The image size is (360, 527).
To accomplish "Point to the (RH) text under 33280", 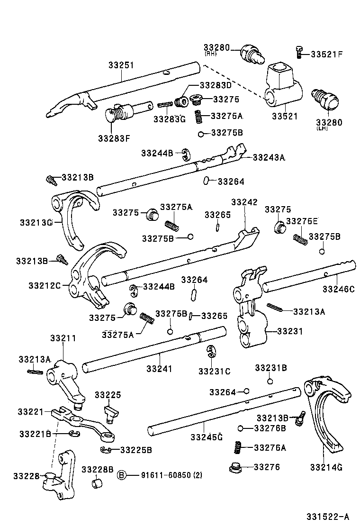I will (211, 54).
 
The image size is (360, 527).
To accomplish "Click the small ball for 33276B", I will (241, 428).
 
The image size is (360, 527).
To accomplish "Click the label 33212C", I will (45, 285).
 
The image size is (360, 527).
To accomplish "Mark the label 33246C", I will (338, 289).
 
